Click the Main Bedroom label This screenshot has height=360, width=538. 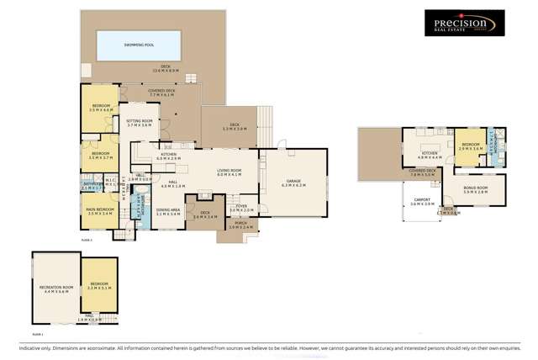point(101,209)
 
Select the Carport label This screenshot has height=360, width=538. point(422,201)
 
